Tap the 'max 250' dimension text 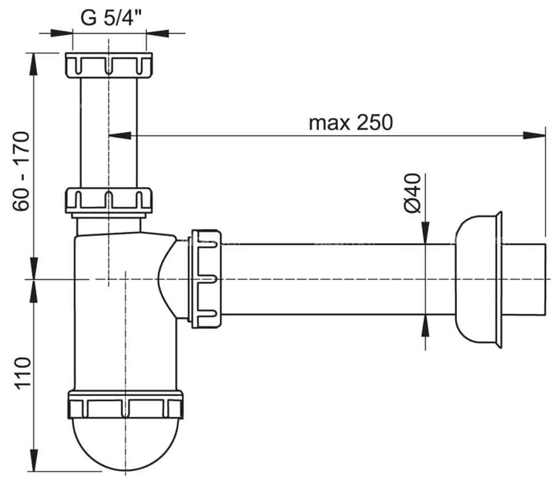pos(351,123)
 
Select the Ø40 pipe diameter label pos(413,193)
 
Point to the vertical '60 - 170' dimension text pos(21,171)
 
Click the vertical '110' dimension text pos(22,373)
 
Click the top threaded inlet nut pos(109,65)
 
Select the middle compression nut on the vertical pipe pos(109,201)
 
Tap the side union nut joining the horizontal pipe pos(206,279)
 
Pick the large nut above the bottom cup pos(125,405)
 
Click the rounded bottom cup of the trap pos(125,445)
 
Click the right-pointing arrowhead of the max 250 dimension pos(534,135)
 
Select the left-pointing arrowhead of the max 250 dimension pos(120,135)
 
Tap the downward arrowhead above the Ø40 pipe pos(425,233)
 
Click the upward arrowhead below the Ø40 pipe pos(425,326)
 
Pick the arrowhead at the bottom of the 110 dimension pos(34,461)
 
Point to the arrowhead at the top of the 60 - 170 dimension pos(34,64)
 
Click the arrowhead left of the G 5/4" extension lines pos(62,34)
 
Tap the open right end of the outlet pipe pos(545,279)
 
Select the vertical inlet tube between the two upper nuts pos(109,133)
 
